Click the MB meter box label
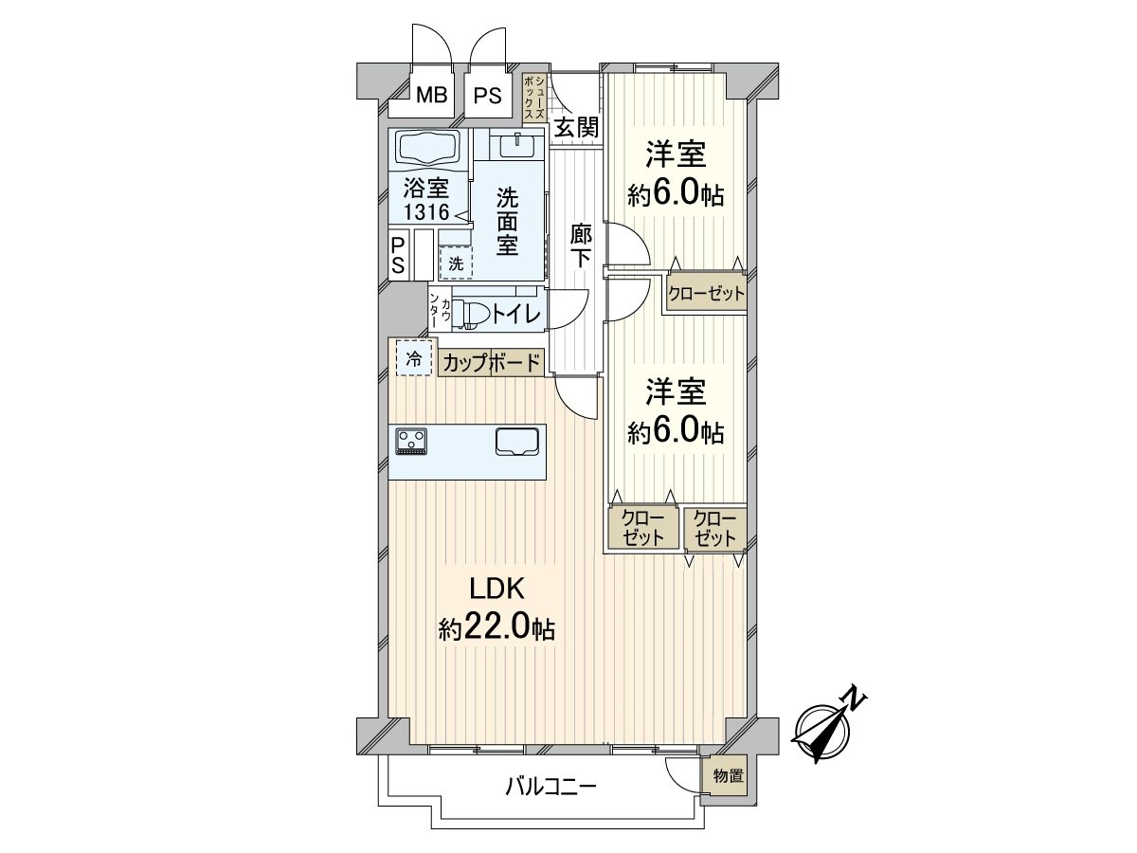coord(432,96)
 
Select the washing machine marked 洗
coord(456,263)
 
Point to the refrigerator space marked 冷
coord(413,358)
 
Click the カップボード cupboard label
coord(491,363)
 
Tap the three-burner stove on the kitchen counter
coord(411,442)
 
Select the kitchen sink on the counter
coord(517,442)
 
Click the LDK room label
coord(497,590)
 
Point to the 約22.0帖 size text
coord(496,628)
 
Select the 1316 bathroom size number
coord(426,211)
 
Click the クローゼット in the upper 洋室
coord(706,293)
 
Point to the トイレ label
coord(516,314)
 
